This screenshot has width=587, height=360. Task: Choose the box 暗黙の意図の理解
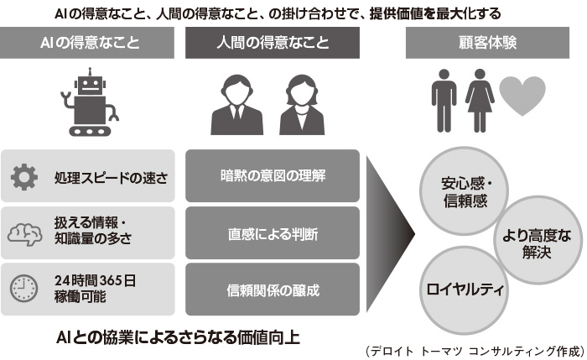tap(273, 176)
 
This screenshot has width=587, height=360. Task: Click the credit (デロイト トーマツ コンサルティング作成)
tap(474, 351)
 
